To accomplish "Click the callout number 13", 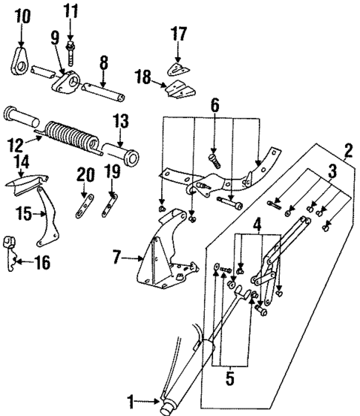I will (121, 120).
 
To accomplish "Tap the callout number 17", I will (178, 33).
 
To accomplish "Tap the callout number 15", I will (24, 214).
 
